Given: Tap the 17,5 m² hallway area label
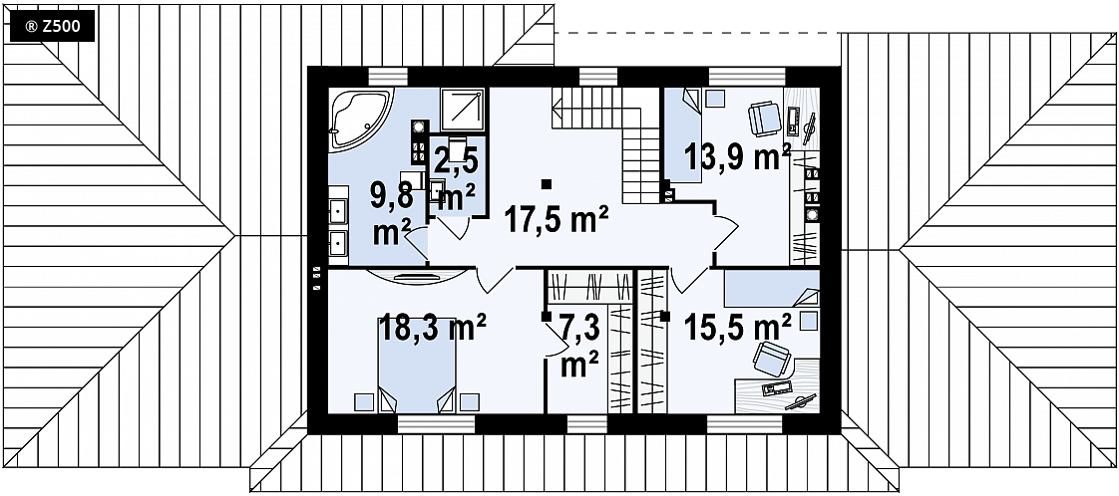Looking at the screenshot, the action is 556,219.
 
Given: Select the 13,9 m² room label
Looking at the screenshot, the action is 737,156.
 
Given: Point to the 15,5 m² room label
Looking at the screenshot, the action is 738,328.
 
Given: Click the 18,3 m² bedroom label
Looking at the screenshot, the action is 433,329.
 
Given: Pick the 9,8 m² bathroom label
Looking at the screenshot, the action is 390,213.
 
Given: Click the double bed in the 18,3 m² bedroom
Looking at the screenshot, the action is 417,366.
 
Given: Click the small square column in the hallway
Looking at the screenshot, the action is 546,184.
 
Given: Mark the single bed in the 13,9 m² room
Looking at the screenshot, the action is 683,134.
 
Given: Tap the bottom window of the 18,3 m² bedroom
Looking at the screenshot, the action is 436,424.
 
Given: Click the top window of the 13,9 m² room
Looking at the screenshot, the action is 746,77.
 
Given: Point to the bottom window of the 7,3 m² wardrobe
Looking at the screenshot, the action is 587,424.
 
